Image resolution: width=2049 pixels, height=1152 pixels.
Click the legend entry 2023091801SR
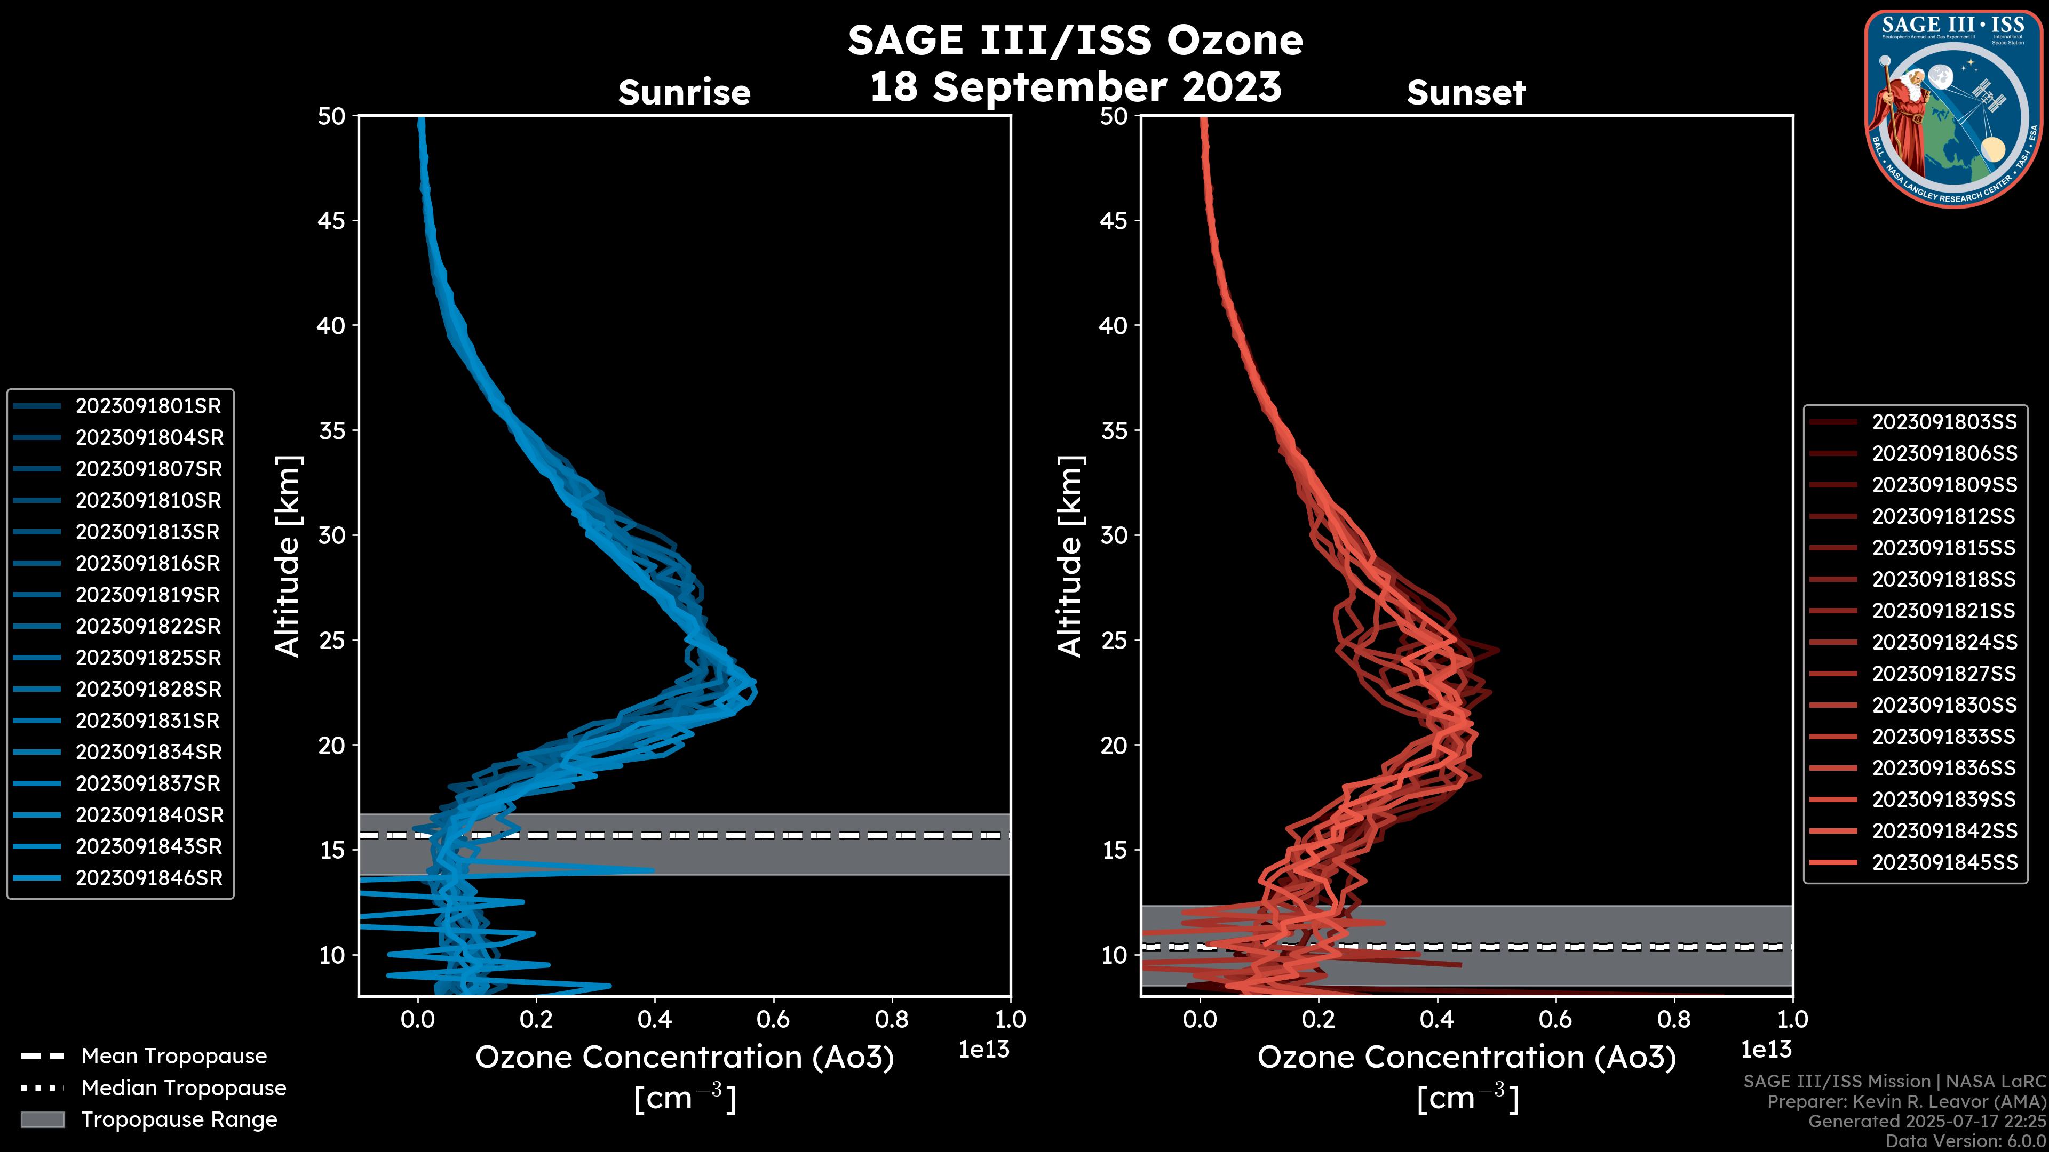(148, 406)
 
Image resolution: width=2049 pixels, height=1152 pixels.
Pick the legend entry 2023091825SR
(148, 658)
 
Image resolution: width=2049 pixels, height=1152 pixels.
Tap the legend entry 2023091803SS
(1944, 422)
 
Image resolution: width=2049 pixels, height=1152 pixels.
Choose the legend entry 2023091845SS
(1944, 862)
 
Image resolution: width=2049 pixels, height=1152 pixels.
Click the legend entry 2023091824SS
(1944, 642)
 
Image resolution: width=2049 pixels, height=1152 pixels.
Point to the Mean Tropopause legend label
(174, 1057)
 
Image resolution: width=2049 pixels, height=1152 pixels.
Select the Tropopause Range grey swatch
(42, 1119)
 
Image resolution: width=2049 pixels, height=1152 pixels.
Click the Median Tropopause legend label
(184, 1089)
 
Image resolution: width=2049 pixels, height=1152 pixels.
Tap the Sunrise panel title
(684, 93)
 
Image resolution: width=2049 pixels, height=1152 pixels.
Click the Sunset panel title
(1466, 93)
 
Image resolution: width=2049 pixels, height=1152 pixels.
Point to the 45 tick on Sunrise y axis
(332, 221)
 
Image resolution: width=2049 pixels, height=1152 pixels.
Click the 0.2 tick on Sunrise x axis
(536, 1019)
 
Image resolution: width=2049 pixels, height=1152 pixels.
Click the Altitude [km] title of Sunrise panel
(288, 556)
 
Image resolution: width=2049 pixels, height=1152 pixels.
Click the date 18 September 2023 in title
(1075, 87)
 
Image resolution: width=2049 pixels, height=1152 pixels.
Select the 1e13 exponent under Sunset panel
(1766, 1050)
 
